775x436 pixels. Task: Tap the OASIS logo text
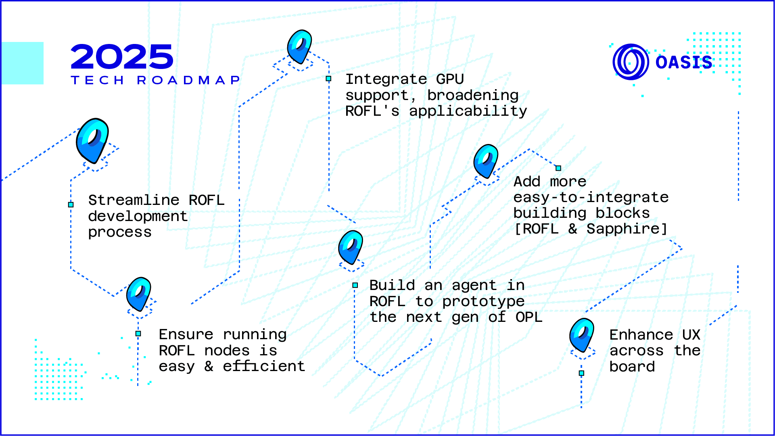pyautogui.click(x=684, y=63)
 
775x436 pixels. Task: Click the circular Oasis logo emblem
pyautogui.click(x=631, y=62)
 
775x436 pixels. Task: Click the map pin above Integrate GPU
pyautogui.click(x=299, y=46)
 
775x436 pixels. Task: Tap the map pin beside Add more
pyautogui.click(x=486, y=161)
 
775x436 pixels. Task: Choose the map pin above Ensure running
pyautogui.click(x=139, y=294)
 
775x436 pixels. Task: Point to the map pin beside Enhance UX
pyautogui.click(x=582, y=334)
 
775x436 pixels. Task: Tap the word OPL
pyautogui.click(x=529, y=317)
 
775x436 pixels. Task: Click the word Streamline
pyautogui.click(x=134, y=200)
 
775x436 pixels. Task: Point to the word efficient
pyautogui.click(x=264, y=366)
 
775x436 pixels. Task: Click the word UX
pyautogui.click(x=691, y=335)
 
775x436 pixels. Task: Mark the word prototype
pyautogui.click(x=483, y=301)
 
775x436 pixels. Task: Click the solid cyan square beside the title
pyautogui.click(x=22, y=63)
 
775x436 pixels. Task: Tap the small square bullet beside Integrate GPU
pyautogui.click(x=329, y=79)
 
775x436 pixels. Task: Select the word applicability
pyautogui.click(x=468, y=111)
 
